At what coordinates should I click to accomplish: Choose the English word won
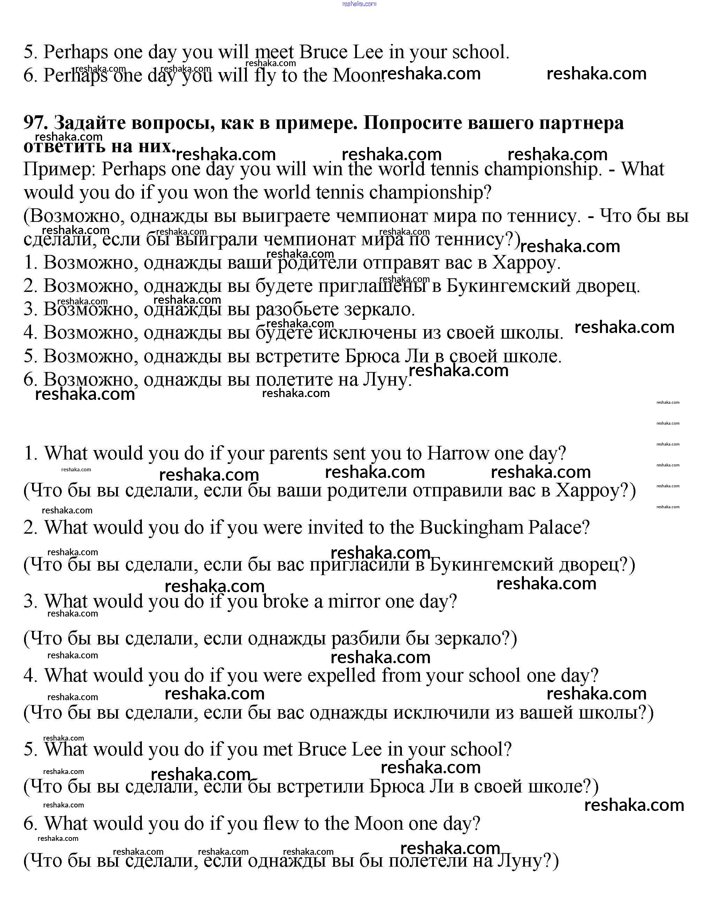click(211, 193)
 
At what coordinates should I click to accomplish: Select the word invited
click(334, 527)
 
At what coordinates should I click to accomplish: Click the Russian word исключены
click(357, 333)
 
